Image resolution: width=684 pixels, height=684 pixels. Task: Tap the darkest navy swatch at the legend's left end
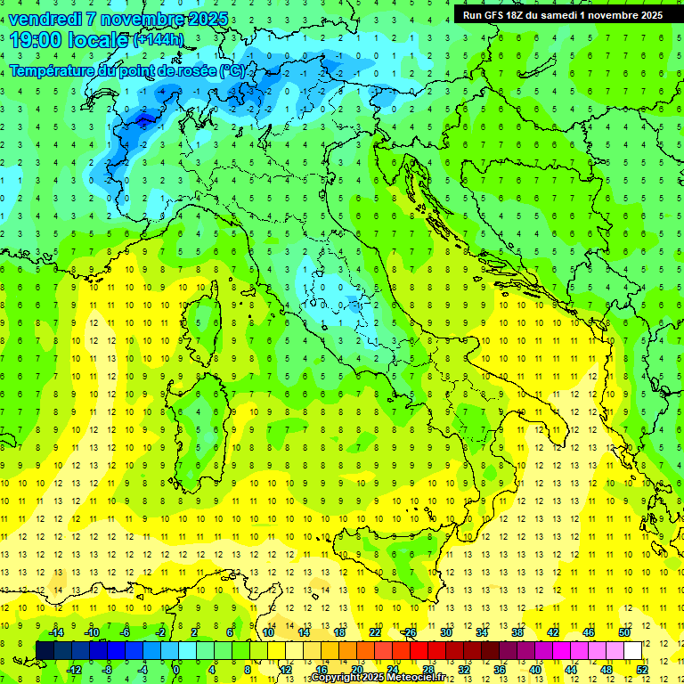point(45,650)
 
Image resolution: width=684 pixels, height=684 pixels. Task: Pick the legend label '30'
point(446,631)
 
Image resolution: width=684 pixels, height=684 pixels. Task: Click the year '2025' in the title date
point(202,18)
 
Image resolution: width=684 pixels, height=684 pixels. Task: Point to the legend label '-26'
point(409,631)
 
